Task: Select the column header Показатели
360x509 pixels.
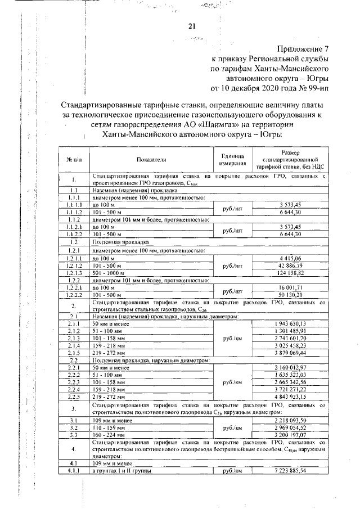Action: point(151,160)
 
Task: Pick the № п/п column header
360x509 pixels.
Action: point(74,160)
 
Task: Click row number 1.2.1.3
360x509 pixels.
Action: point(74,272)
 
